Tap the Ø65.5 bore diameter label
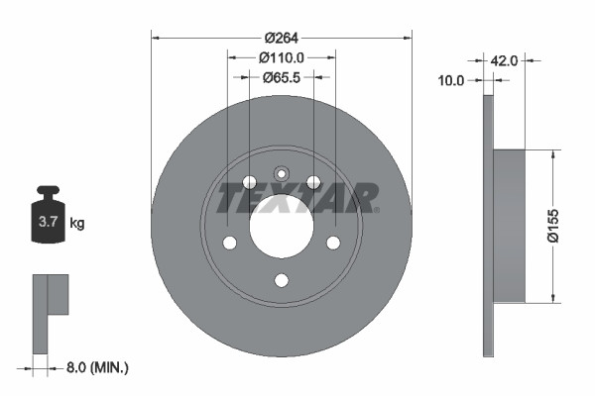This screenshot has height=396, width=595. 281,75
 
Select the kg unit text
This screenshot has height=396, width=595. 77,224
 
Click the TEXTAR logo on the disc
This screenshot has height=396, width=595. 297,198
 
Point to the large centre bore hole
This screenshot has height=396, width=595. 281,224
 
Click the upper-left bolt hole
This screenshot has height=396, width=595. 249,182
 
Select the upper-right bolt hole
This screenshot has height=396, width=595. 313,182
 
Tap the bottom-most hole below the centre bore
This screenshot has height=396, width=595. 281,280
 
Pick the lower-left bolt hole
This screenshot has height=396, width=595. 229,243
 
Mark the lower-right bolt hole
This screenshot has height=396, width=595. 333,243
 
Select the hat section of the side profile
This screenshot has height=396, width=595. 509,226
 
